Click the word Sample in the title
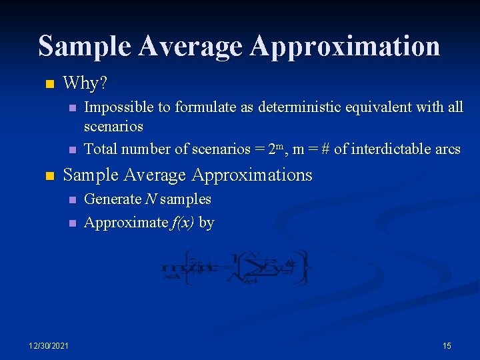pos(85,47)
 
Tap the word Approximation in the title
pos(345,47)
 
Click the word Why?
pos(85,83)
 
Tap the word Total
pos(101,149)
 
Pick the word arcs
pos(447,149)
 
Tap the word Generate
pos(113,199)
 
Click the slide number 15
pos(447,345)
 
